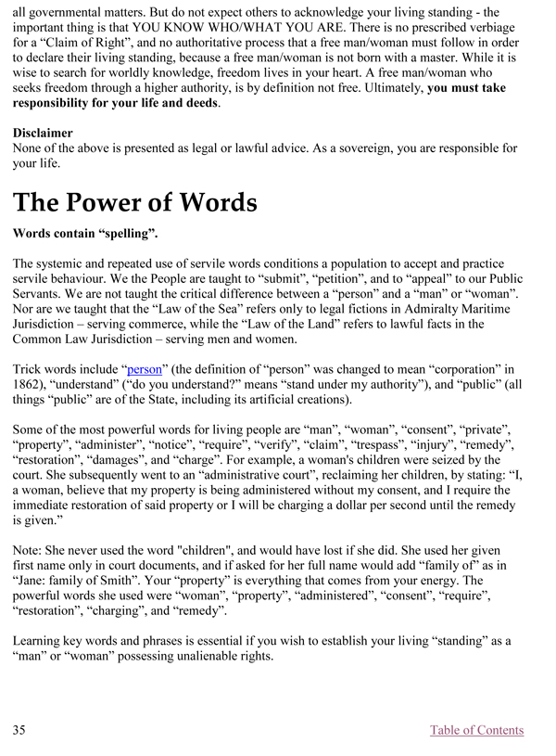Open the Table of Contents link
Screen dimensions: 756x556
tap(476, 730)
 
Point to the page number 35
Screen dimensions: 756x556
tap(19, 730)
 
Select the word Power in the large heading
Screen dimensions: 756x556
tap(132, 203)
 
